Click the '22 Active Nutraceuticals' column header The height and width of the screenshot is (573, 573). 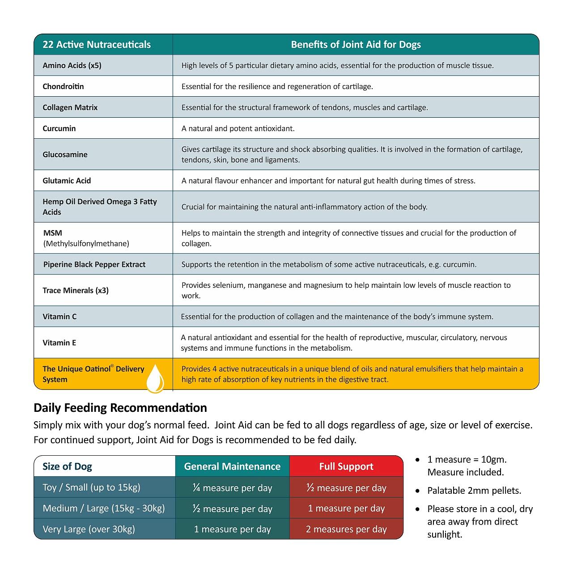pyautogui.click(x=97, y=45)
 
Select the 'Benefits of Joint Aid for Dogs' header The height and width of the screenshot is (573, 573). pyautogui.click(x=356, y=45)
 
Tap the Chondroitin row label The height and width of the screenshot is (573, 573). pyautogui.click(x=63, y=86)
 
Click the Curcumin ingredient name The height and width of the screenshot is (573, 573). pyautogui.click(x=59, y=128)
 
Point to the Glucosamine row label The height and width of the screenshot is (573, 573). pyautogui.click(x=65, y=154)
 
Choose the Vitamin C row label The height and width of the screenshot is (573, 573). pyautogui.click(x=59, y=316)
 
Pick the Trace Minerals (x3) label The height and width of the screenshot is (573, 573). pyautogui.click(x=76, y=291)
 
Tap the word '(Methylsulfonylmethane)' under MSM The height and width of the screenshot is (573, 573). pyautogui.click(x=86, y=244)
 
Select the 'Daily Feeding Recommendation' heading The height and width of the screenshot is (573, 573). pyautogui.click(x=120, y=408)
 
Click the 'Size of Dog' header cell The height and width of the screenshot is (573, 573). pyautogui.click(x=67, y=466)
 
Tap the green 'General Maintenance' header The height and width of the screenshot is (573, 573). pyautogui.click(x=232, y=466)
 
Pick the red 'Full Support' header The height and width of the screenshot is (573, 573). pyautogui.click(x=346, y=466)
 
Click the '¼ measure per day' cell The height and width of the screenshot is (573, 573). pyautogui.click(x=232, y=488)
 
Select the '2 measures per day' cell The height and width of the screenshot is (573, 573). pyautogui.click(x=346, y=529)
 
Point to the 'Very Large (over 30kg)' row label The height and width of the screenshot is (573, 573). pyautogui.click(x=89, y=529)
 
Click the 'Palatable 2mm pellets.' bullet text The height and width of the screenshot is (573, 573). pyautogui.click(x=474, y=491)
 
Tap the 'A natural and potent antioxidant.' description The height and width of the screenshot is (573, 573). pyautogui.click(x=238, y=128)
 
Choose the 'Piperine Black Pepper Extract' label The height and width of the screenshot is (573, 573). pyautogui.click(x=94, y=265)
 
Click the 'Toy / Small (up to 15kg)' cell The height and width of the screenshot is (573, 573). pyautogui.click(x=91, y=487)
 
